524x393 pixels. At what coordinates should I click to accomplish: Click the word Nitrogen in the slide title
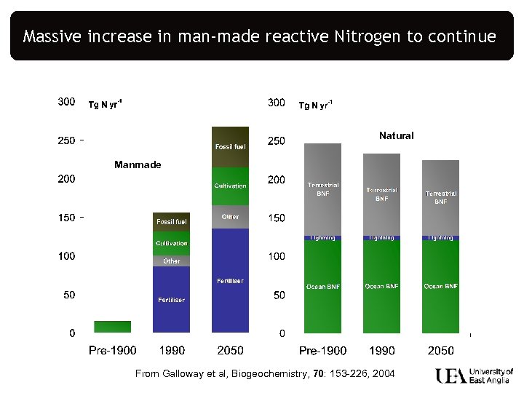click(x=367, y=36)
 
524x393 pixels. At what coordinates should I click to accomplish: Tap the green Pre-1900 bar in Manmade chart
click(x=112, y=327)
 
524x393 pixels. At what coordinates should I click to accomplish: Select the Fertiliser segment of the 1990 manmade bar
click(x=171, y=300)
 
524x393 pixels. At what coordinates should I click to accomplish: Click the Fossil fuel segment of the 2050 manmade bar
click(x=230, y=147)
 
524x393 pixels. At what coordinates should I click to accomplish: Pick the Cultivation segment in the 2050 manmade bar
click(x=230, y=186)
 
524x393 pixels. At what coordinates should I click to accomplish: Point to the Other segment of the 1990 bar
click(x=171, y=261)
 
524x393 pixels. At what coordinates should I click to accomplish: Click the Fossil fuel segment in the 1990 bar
click(x=171, y=221)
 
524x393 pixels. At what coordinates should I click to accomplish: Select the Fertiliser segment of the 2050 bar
click(x=230, y=281)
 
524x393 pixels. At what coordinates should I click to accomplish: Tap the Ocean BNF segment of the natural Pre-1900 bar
click(x=322, y=287)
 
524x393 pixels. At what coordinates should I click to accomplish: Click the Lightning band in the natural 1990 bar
click(x=381, y=237)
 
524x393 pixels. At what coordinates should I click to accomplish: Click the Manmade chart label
click(x=138, y=164)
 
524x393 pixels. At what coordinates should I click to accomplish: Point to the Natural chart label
click(x=396, y=135)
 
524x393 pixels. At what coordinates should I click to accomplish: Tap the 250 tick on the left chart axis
click(x=67, y=140)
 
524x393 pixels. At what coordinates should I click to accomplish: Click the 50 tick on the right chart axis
click(x=278, y=295)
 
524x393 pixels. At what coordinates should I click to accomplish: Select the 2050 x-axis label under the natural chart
click(x=440, y=351)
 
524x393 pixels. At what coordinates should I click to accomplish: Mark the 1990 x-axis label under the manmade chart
click(x=171, y=351)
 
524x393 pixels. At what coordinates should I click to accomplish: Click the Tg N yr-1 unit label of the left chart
click(x=105, y=105)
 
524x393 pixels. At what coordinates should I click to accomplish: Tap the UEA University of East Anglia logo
click(x=474, y=376)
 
